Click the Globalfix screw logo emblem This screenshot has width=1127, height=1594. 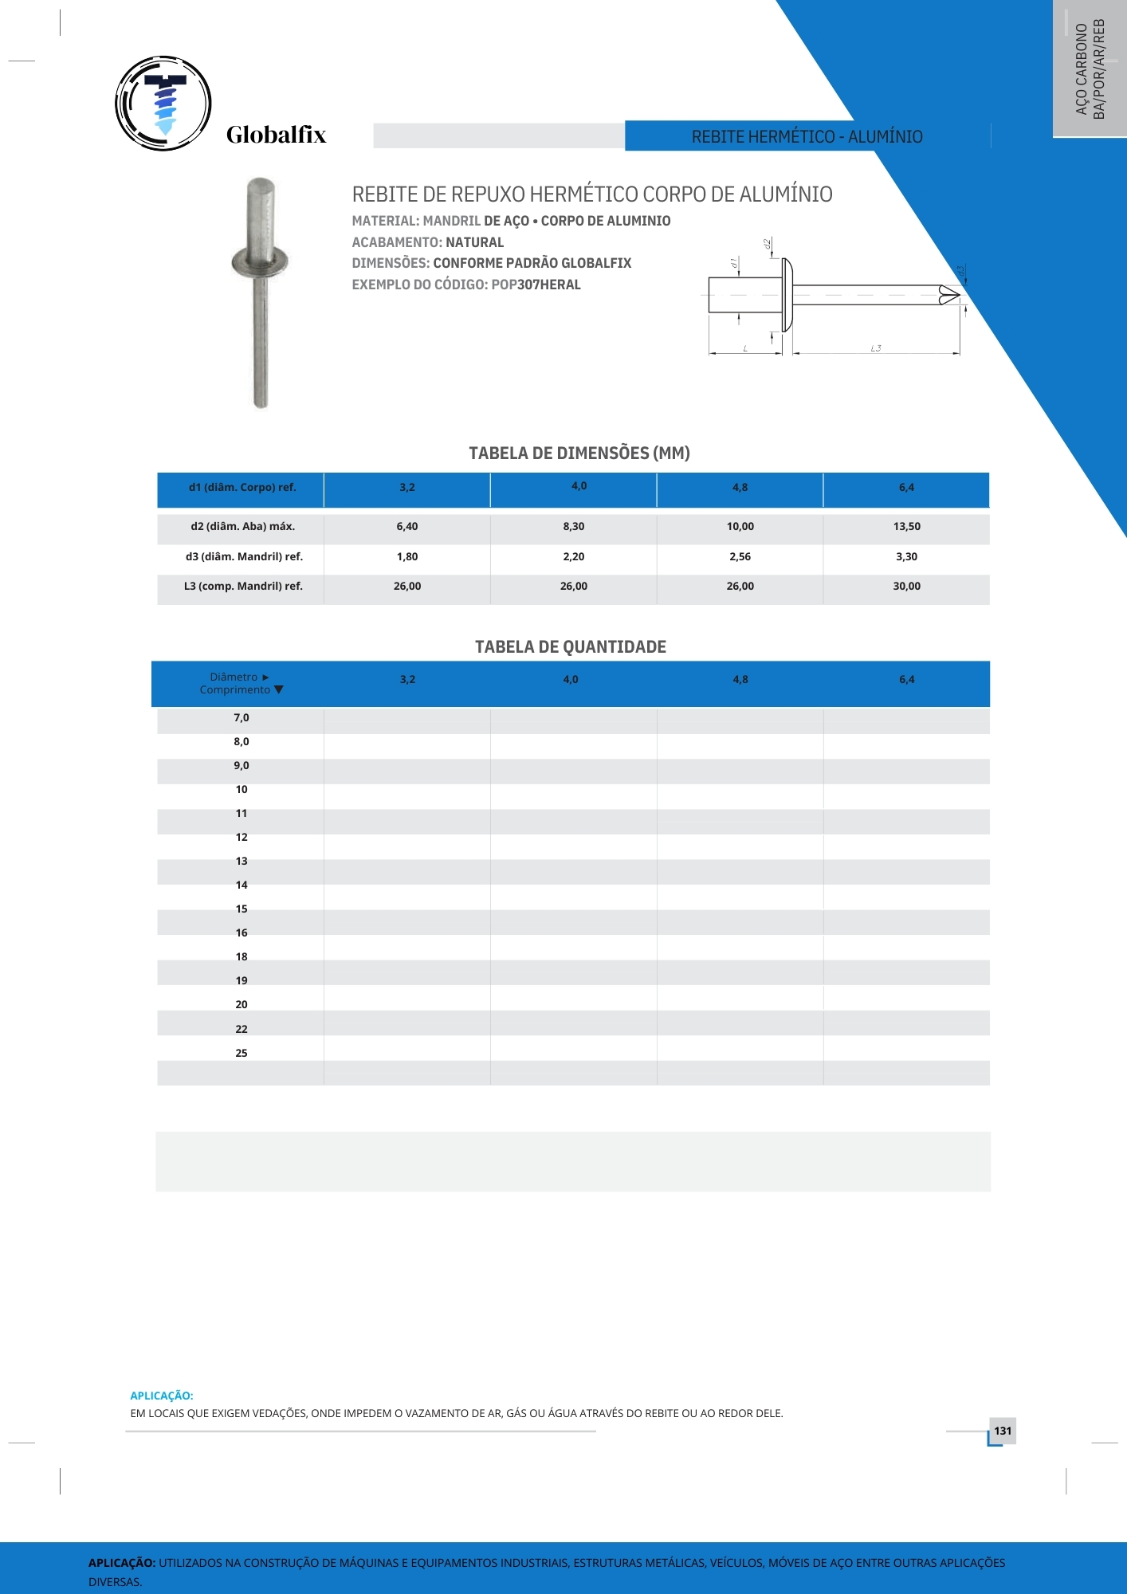[x=163, y=104]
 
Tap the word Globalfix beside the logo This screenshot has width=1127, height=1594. [x=276, y=135]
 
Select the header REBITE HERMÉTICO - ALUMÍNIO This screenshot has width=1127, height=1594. [x=807, y=137]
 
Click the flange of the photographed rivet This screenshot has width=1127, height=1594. [x=260, y=262]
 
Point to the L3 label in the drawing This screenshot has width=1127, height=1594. [x=875, y=348]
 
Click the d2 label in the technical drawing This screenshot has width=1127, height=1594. [x=767, y=244]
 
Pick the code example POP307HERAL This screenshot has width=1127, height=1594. [x=536, y=285]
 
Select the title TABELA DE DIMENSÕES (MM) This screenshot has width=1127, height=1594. [x=579, y=453]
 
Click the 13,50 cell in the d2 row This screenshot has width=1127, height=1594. [x=906, y=527]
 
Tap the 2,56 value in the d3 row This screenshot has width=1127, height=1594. [x=740, y=557]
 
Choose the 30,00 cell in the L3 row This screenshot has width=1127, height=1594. [x=906, y=587]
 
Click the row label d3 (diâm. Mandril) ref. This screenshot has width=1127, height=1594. [x=244, y=557]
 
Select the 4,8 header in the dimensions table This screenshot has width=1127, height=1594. [x=740, y=488]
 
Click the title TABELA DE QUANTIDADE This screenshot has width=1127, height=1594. [x=571, y=647]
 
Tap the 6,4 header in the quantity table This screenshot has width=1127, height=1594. [x=906, y=680]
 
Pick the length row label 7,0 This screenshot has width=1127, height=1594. [x=241, y=718]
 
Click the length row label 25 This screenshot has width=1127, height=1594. [x=241, y=1054]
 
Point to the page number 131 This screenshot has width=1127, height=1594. [x=1003, y=1431]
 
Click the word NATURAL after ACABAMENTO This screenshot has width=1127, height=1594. [x=474, y=242]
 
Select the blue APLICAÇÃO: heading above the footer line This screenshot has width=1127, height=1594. [x=162, y=1396]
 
